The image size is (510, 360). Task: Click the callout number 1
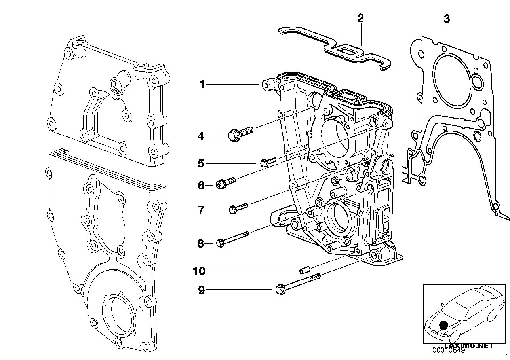click(202, 84)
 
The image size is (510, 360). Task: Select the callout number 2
click(360, 18)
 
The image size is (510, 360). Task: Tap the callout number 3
click(447, 19)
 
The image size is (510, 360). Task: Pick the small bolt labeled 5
click(268, 161)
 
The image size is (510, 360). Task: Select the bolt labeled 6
click(226, 183)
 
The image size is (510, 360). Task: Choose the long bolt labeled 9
click(297, 284)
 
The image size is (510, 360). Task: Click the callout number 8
click(201, 243)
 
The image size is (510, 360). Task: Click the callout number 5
click(201, 163)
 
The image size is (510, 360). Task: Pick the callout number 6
click(201, 185)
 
